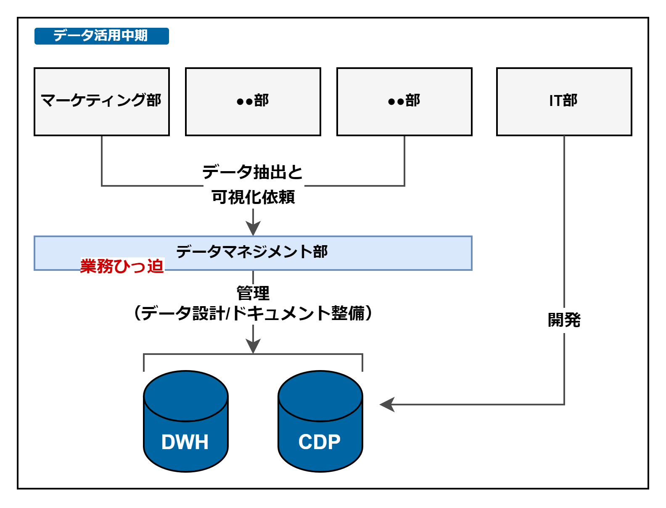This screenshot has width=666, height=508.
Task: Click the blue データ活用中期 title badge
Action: tap(102, 36)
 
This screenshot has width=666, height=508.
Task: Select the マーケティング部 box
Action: tap(102, 102)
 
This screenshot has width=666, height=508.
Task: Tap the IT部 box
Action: tap(564, 102)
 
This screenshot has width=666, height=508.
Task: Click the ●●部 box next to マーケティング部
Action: tap(253, 102)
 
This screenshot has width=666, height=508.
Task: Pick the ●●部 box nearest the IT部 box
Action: tap(404, 102)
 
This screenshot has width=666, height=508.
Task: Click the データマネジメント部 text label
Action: tap(252, 251)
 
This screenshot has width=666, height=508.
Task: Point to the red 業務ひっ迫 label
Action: tap(122, 266)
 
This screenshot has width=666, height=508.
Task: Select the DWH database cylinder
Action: tap(186, 421)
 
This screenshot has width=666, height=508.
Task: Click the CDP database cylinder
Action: tap(320, 421)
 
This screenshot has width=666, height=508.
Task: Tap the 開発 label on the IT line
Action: tap(564, 320)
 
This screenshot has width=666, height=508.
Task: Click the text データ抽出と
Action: tap(253, 172)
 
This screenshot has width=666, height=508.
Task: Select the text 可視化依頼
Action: tap(253, 197)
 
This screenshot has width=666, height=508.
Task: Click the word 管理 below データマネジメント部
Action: tap(253, 293)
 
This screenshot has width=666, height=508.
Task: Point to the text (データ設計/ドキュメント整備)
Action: tap(253, 313)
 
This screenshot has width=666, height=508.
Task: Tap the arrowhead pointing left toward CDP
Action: tap(387, 405)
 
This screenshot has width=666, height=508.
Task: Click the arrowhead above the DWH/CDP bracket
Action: tap(253, 346)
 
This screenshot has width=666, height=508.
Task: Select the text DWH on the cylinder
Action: tap(185, 442)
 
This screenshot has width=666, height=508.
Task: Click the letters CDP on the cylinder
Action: tap(320, 442)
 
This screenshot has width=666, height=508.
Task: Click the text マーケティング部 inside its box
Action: tap(101, 100)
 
